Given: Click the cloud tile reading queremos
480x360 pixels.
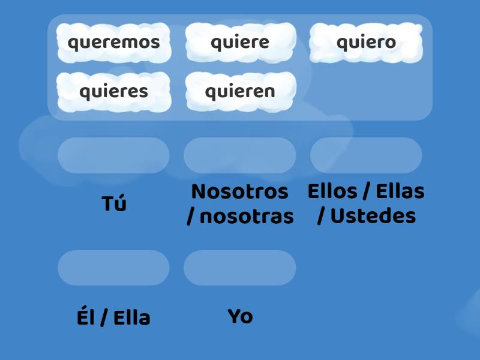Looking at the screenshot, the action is pos(114,43).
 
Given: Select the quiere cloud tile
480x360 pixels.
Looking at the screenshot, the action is pos(240,43).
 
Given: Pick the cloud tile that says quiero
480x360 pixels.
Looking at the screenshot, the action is pos(366,43).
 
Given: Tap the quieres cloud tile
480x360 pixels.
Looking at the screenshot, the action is pos(114,92).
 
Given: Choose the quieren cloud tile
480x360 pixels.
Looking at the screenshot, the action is pos(240,92).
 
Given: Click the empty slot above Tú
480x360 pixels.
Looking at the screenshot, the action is pos(114,155).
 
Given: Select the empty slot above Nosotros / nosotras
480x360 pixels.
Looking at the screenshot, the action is pos(240,155).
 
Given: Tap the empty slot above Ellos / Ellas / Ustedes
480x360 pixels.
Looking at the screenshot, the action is pos(366,155).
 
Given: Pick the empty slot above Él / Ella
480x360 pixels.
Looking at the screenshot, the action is pos(114,268).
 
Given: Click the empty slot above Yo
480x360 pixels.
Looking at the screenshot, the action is pos(240,268).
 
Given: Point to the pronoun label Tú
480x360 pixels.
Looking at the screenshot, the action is pos(114,204).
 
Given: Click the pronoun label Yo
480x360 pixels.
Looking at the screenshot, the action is pos(240,316).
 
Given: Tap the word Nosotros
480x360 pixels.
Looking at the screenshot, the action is pos(240,192).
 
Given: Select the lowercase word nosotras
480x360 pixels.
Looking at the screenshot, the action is pos(247,217).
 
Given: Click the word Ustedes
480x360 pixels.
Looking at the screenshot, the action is pos(373,217).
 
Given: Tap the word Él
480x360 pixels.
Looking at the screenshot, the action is pos(86,317).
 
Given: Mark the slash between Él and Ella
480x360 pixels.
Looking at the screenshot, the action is pos(104,318).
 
